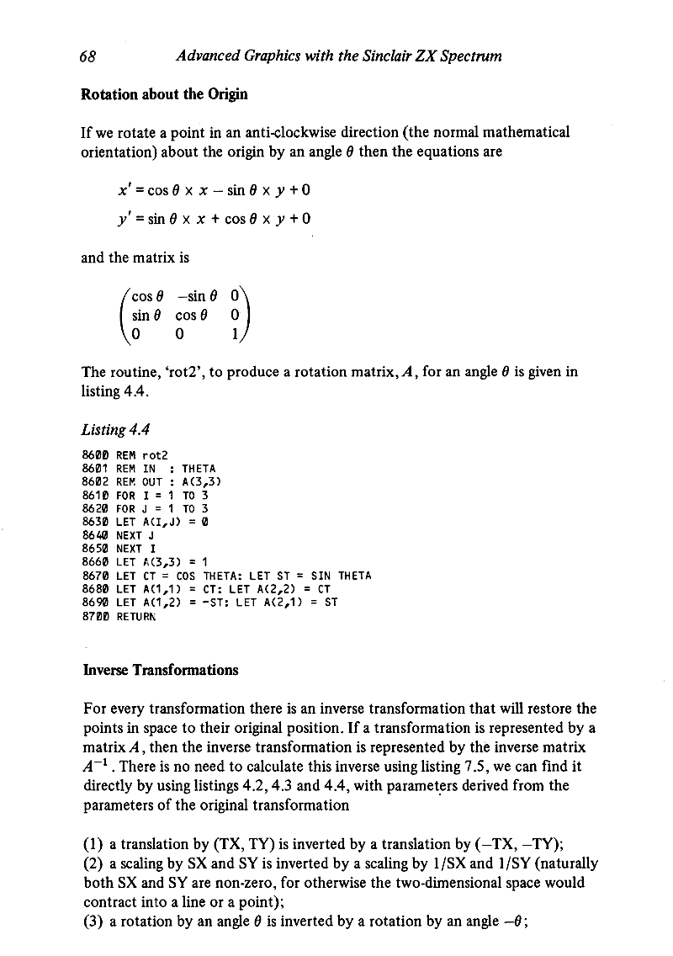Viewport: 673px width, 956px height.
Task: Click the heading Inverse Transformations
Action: pos(160,670)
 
